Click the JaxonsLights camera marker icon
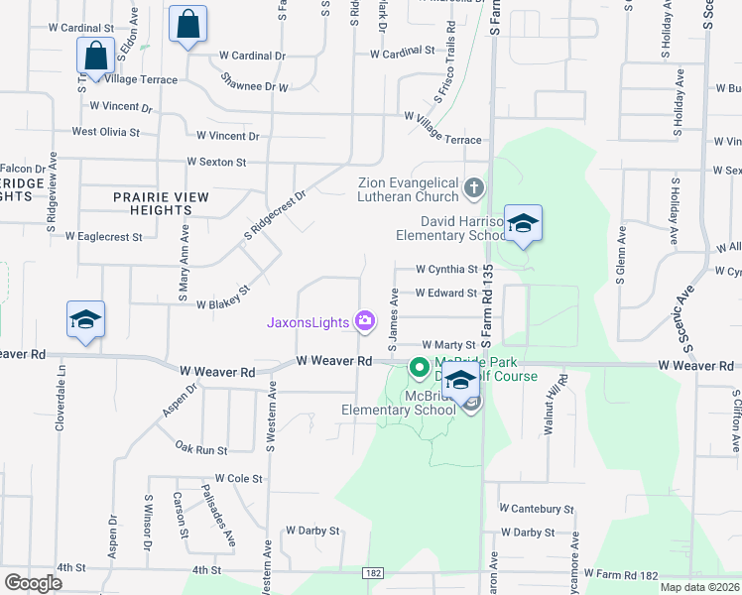pyautogui.click(x=365, y=320)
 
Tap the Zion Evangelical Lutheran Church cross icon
pyautogui.click(x=474, y=187)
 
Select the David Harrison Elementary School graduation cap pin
pyautogui.click(x=523, y=224)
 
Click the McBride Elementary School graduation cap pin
pyautogui.click(x=460, y=380)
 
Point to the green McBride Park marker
pyautogui.click(x=420, y=369)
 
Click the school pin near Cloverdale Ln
pyautogui.click(x=85, y=319)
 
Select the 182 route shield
pyautogui.click(x=373, y=573)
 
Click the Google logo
pyautogui.click(x=33, y=583)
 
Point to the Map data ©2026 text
pyautogui.click(x=699, y=587)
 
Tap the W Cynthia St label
pyautogui.click(x=446, y=269)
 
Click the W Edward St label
pyautogui.click(x=446, y=293)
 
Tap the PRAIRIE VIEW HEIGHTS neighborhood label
pyautogui.click(x=161, y=204)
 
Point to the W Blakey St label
pyautogui.click(x=222, y=298)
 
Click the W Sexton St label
pyautogui.click(x=216, y=162)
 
